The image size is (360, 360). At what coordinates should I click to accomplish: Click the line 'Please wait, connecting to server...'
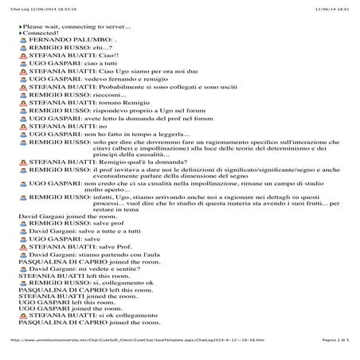(76, 26)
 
